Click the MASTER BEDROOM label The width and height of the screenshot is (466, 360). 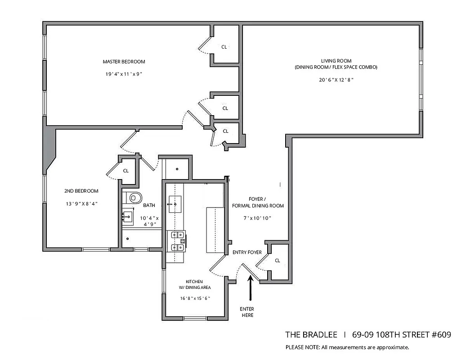click(124, 62)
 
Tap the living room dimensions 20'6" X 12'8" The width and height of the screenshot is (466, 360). click(336, 80)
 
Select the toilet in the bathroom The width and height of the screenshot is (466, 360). click(134, 197)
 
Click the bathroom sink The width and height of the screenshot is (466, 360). click(128, 217)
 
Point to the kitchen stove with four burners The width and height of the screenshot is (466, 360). click(177, 241)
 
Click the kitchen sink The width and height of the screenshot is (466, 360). click(175, 204)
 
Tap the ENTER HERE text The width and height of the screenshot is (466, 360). click(246, 312)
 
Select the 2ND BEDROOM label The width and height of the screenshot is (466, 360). click(81, 191)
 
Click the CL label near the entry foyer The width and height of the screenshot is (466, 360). click(278, 261)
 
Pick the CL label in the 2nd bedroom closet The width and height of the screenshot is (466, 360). click(126, 171)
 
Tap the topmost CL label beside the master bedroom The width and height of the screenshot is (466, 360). click(224, 47)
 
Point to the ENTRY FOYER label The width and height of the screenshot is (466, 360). click(247, 252)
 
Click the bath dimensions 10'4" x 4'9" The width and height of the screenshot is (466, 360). click(152, 220)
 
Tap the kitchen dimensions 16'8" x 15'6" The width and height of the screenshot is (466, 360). click(195, 298)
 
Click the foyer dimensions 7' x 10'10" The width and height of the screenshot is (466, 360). click(258, 218)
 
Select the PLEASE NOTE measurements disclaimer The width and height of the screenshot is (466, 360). click(347, 347)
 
